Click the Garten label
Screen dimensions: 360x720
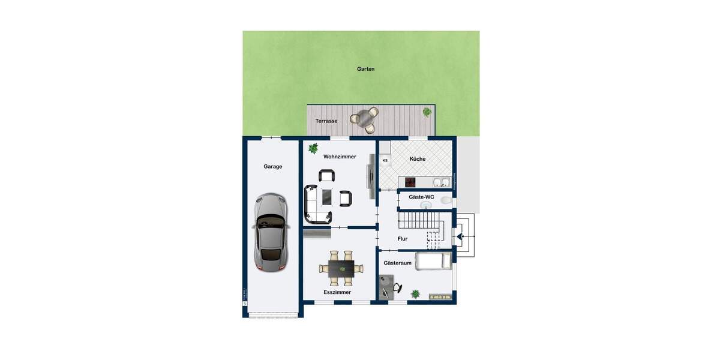point(365,69)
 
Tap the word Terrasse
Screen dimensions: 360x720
point(326,121)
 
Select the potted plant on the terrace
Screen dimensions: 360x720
point(427,112)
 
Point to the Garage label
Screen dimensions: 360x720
point(272,166)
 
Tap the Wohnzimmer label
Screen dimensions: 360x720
point(340,157)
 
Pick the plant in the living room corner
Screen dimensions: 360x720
point(313,148)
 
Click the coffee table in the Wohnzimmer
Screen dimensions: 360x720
point(327,196)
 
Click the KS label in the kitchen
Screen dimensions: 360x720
point(385,160)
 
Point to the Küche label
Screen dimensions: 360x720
point(418,159)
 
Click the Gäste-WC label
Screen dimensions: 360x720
point(421,197)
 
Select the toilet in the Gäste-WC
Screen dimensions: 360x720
point(445,200)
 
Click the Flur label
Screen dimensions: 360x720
point(402,239)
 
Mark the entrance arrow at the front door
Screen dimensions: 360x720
point(460,237)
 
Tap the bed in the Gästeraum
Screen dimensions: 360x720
point(433,261)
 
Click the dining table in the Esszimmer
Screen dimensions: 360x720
point(340,268)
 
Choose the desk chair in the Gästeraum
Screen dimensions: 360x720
point(397,287)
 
